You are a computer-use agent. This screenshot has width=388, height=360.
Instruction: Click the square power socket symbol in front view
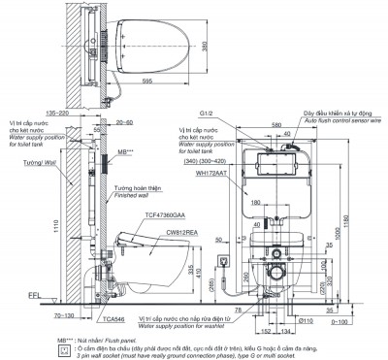coord(224,259)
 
